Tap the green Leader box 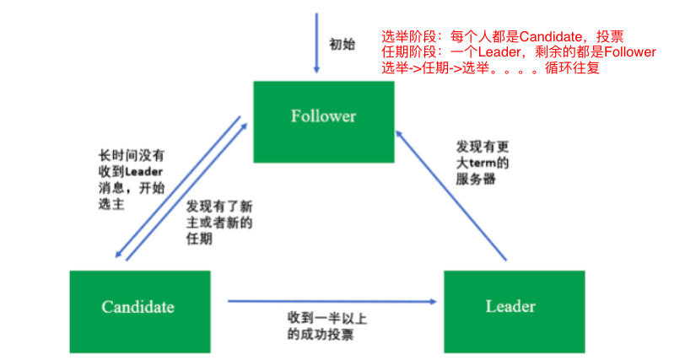[510, 306]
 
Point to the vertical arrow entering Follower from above [316, 42]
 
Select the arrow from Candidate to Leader [333, 299]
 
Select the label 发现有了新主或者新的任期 [219, 223]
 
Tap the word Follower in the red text [623, 52]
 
